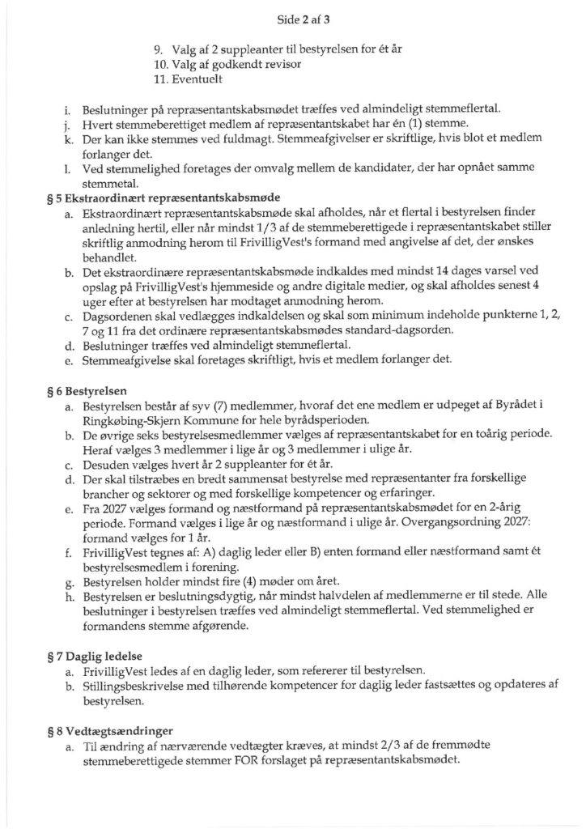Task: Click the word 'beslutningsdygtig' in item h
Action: pos(174,597)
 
